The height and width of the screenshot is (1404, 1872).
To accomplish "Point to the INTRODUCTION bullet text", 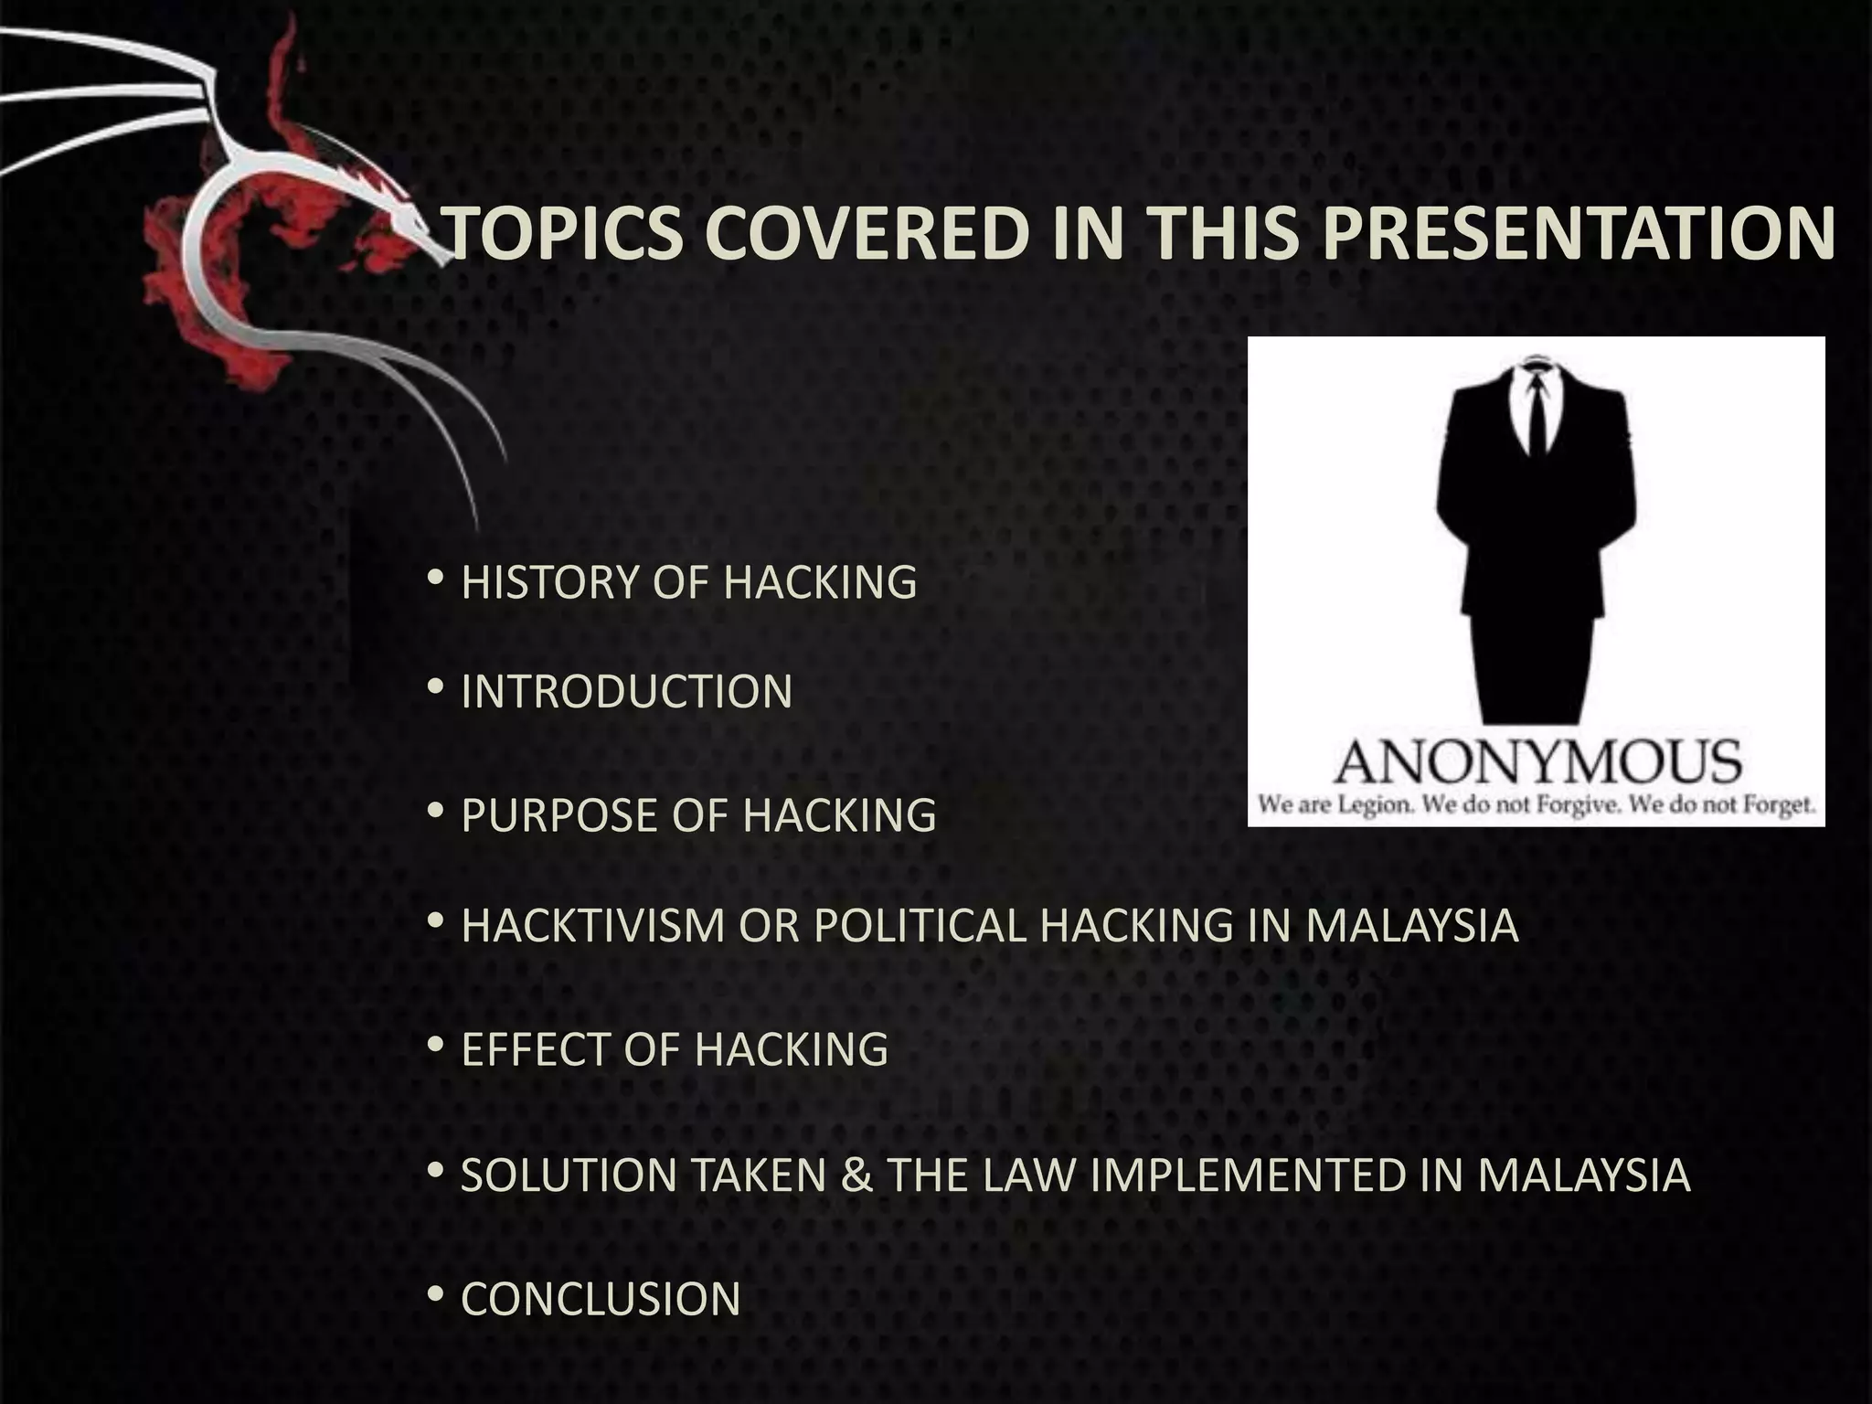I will click(x=626, y=691).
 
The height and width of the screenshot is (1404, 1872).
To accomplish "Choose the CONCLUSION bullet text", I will click(x=601, y=1299).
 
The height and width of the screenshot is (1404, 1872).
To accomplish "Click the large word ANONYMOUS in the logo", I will click(x=1537, y=762).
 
